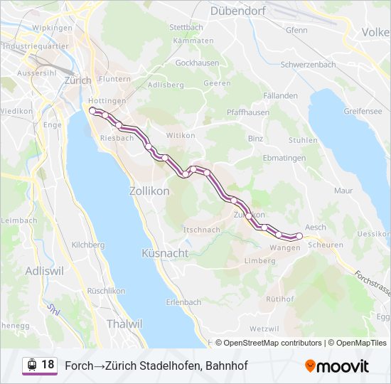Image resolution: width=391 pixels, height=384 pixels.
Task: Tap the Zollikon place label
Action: click(149, 191)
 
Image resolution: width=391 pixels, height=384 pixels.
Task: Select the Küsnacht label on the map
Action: click(165, 253)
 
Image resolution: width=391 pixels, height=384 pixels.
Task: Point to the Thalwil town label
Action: click(124, 324)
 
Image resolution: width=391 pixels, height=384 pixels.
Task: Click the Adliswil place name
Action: click(44, 271)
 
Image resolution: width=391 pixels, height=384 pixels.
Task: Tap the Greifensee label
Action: click(363, 111)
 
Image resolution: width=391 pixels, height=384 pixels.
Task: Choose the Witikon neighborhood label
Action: click(180, 135)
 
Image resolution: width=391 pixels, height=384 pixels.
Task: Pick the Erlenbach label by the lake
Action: click(183, 302)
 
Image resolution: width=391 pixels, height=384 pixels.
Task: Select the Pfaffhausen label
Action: click(247, 112)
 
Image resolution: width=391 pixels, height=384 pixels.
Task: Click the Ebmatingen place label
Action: click(284, 158)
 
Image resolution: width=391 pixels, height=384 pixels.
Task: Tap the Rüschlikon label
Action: click(106, 291)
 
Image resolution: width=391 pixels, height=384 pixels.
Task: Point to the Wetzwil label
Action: click(264, 329)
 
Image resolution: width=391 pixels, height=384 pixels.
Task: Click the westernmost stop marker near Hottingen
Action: click(92, 111)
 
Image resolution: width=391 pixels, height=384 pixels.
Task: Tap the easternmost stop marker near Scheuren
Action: click(299, 235)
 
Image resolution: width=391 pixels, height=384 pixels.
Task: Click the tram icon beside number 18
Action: click(31, 366)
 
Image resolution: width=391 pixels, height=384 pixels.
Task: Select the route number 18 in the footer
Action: click(48, 365)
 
